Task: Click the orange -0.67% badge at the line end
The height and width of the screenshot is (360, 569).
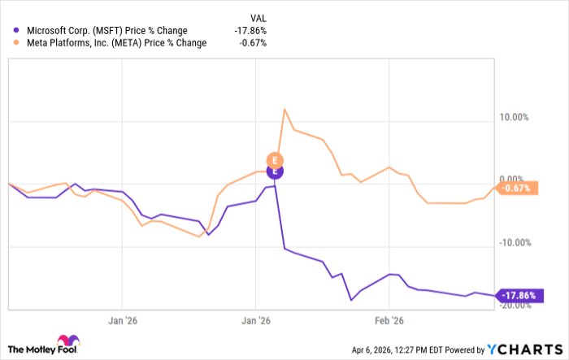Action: [518, 189]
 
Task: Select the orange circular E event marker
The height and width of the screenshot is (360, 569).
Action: [275, 159]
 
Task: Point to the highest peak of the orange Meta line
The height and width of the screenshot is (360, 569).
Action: [284, 110]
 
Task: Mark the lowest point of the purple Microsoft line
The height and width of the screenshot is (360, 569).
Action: [351, 300]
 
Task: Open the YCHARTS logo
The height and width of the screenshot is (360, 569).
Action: [523, 349]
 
